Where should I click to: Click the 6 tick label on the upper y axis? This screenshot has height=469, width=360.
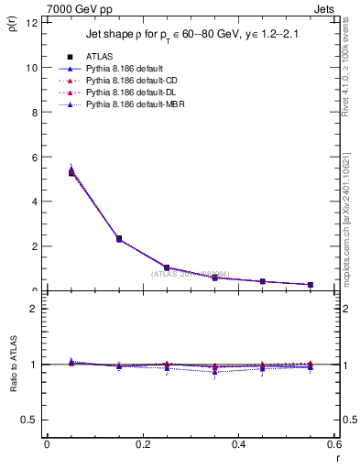point(33,158)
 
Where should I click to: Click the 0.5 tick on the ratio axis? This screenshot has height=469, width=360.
point(29,420)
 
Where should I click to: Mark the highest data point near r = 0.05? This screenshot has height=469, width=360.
point(71,171)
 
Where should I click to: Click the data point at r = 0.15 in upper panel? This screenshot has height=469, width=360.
point(119,238)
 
